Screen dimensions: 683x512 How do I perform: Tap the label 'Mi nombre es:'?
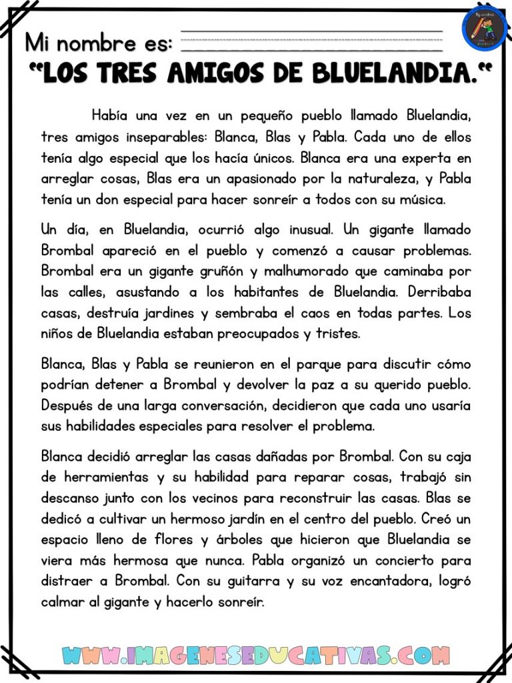point(99,43)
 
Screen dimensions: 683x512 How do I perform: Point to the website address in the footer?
point(255,656)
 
